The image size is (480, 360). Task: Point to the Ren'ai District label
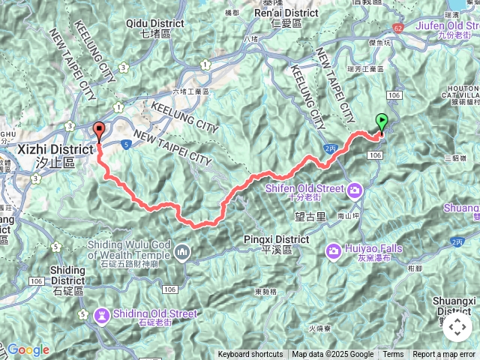(x=286, y=13)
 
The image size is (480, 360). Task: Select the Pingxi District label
(x=277, y=240)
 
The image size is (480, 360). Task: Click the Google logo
(x=28, y=349)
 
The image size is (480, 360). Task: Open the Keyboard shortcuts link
(x=250, y=355)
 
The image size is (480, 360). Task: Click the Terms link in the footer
(x=393, y=355)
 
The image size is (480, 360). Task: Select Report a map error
(x=443, y=355)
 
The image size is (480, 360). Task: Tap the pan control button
(x=457, y=327)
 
